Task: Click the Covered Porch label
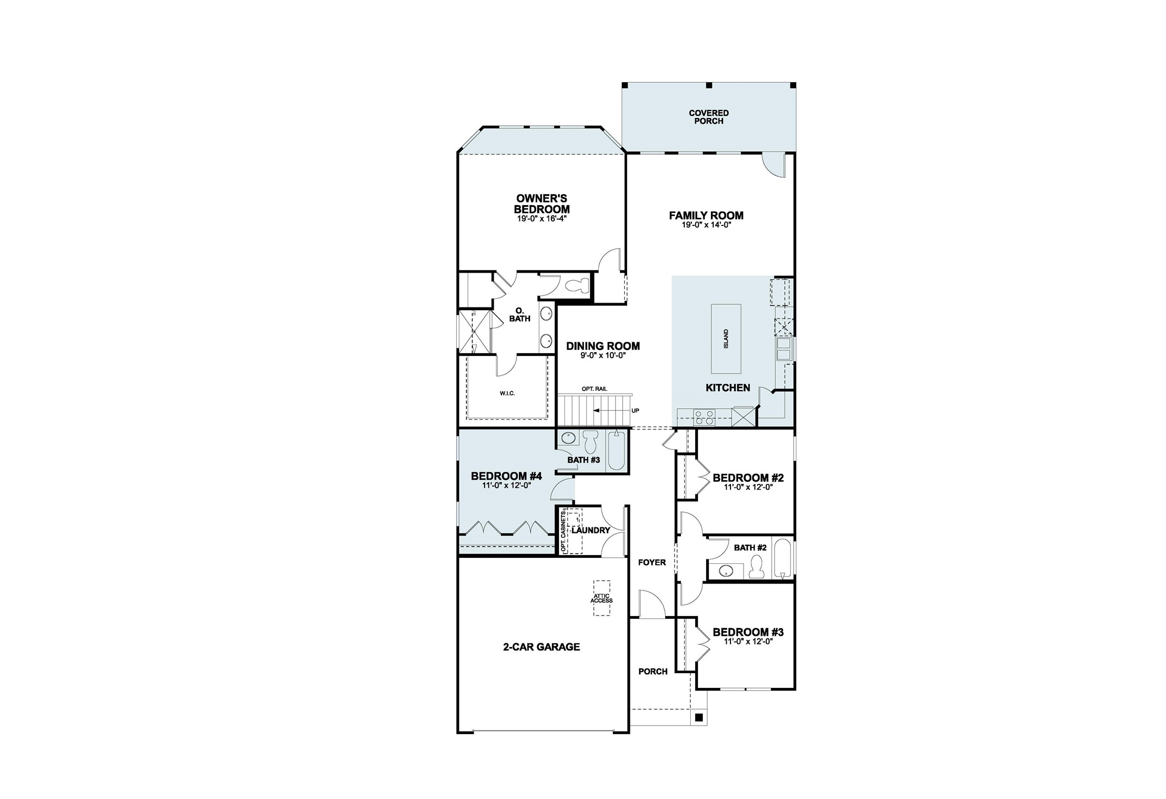click(x=708, y=117)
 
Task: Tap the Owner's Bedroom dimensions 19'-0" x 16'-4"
click(x=542, y=219)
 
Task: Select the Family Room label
click(x=706, y=216)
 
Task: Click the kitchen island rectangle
click(x=726, y=339)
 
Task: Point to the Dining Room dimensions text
click(x=603, y=355)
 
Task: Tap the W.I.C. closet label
click(x=507, y=394)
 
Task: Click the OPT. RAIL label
click(x=594, y=389)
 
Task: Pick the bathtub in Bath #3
click(x=617, y=450)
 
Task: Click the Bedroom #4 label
click(x=506, y=476)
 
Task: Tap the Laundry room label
click(x=591, y=530)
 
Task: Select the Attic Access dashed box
click(x=602, y=598)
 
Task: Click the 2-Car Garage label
click(x=541, y=647)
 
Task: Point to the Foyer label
click(x=652, y=562)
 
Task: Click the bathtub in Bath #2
click(x=782, y=558)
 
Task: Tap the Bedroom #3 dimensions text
click(x=748, y=642)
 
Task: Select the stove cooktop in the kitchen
click(x=704, y=417)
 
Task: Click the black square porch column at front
click(x=699, y=717)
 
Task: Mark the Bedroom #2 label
click(x=748, y=478)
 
